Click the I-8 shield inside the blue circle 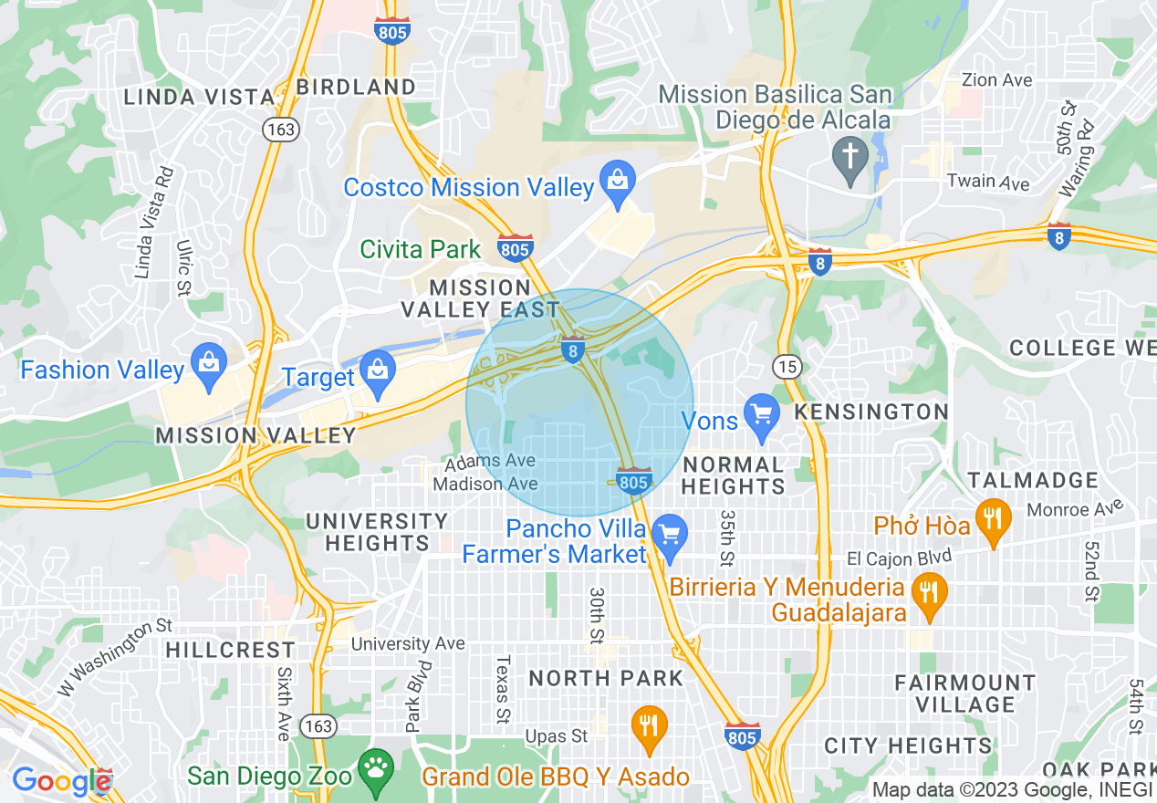tap(572, 350)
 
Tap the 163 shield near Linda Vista tap(280, 129)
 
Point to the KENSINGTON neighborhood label tap(870, 412)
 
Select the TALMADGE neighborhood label tap(1033, 480)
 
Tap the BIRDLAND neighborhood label tap(356, 87)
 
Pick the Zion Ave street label tap(997, 80)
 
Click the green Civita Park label tap(420, 249)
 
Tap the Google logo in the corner tap(61, 781)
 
